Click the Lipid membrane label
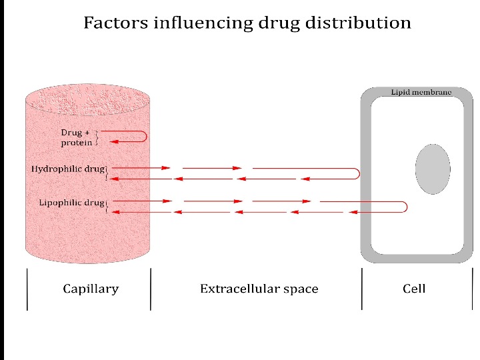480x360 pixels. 421,93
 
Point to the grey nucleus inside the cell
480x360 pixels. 433,169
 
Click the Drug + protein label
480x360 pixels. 76,137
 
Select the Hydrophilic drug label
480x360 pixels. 68,169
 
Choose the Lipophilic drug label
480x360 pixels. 71,202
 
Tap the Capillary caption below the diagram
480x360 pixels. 91,289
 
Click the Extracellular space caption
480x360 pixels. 259,289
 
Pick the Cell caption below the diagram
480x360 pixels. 414,289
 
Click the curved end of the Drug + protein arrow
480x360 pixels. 145,136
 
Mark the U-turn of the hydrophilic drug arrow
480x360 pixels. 359,173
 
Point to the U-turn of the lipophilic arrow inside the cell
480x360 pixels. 405,207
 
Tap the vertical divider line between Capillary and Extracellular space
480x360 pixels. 151,289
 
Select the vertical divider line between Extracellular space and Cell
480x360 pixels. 362,289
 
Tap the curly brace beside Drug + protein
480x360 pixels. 97,137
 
